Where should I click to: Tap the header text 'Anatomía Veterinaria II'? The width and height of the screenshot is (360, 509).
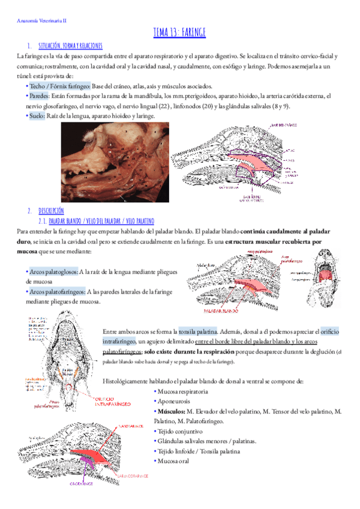pos(40,20)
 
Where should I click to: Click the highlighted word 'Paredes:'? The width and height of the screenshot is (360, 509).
pos(36,95)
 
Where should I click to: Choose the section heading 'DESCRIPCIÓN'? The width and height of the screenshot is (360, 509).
pos(51,211)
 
